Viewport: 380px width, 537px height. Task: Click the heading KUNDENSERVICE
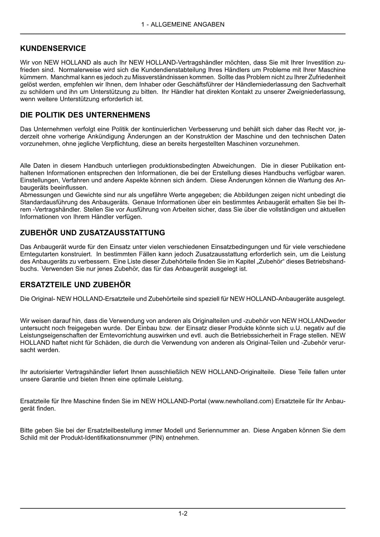pos(53,48)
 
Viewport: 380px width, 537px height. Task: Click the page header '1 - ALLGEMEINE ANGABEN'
pos(183,24)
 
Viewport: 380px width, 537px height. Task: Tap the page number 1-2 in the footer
pos(183,513)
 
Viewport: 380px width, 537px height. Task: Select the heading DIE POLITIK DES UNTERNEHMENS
pos(85,115)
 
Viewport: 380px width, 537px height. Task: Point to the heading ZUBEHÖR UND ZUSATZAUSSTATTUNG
pos(92,233)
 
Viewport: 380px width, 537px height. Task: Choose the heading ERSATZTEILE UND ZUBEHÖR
pos(75,285)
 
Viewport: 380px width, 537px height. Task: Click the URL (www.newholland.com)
pos(240,401)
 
